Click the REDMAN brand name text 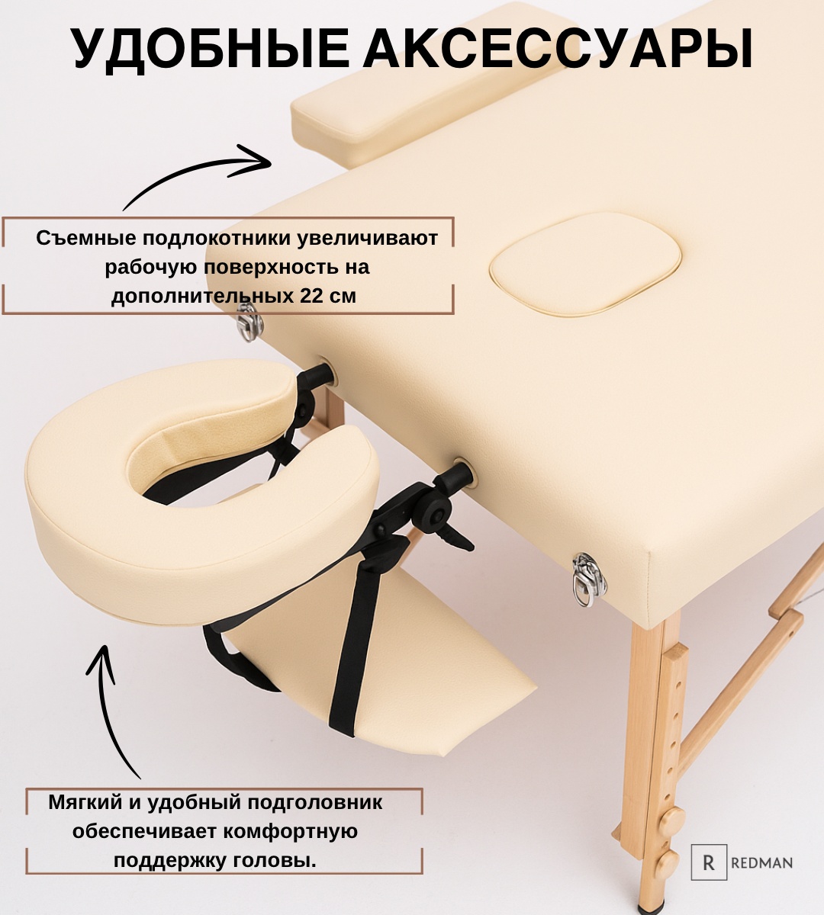coord(761,862)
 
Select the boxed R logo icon coord(709,862)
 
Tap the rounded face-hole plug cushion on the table coord(586,264)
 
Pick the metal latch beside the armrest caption coord(249,321)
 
